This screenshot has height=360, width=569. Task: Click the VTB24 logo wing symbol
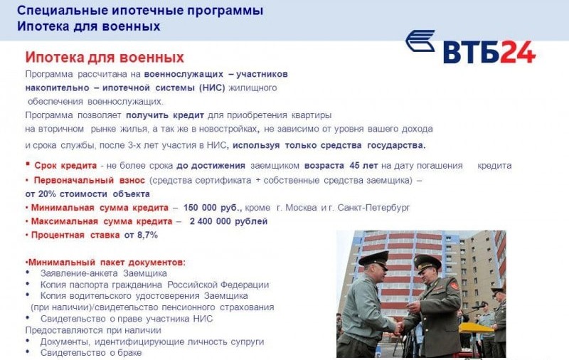tap(420, 41)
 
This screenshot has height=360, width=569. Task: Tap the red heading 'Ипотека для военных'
tap(105, 58)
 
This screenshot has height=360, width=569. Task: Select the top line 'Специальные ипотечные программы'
tap(140, 11)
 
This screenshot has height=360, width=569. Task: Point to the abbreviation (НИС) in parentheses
tap(211, 88)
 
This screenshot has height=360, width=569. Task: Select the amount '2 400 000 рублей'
tap(228, 221)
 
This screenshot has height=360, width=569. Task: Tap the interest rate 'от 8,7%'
tap(141, 235)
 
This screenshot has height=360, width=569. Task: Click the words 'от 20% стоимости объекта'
tap(87, 194)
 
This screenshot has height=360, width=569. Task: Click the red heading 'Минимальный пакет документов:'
tap(106, 262)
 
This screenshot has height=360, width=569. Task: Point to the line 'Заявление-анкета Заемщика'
tap(104, 273)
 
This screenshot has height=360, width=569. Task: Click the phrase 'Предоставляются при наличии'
tap(93, 330)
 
